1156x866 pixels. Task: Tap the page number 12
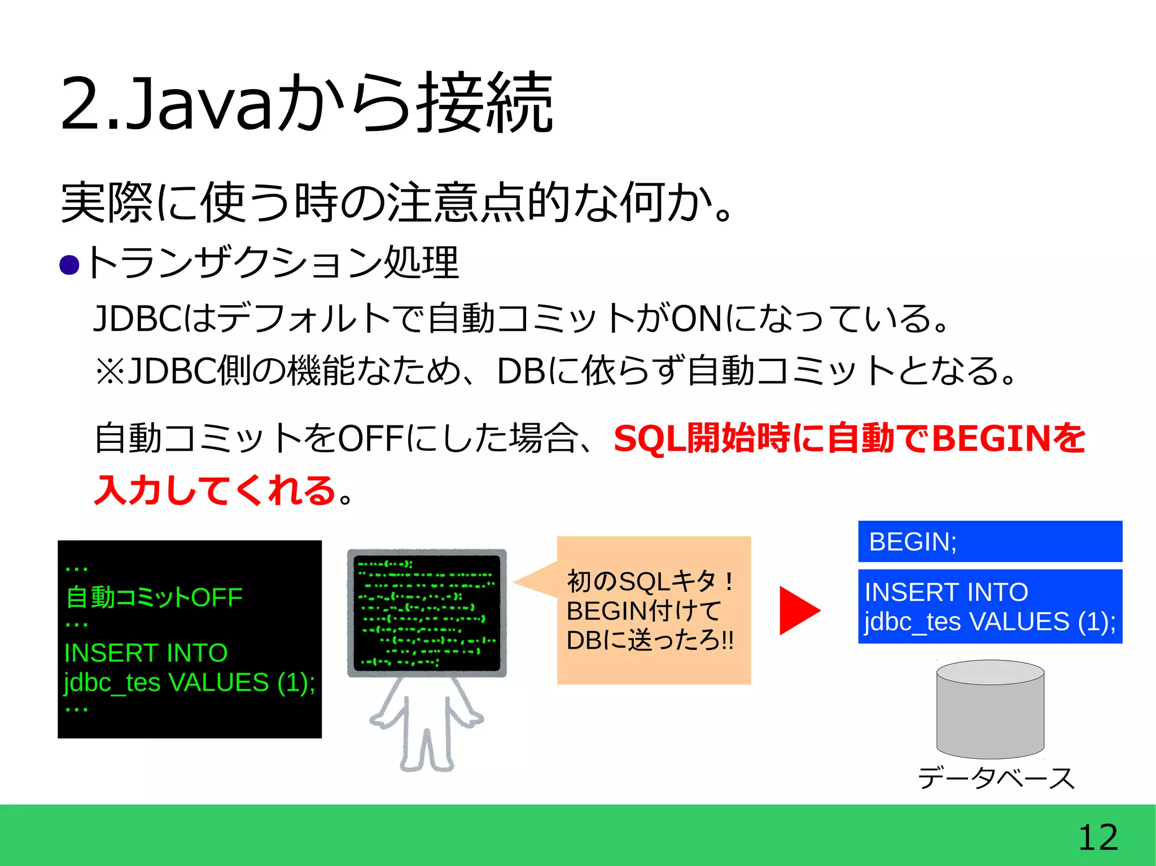point(1097,837)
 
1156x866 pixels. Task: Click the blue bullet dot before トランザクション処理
point(69,265)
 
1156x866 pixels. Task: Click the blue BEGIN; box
point(989,542)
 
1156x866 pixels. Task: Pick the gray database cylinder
point(990,709)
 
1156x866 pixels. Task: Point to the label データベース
point(996,779)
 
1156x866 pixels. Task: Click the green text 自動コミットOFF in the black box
point(154,597)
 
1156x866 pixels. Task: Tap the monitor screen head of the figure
point(427,613)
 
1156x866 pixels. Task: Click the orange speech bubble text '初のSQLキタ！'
point(650,582)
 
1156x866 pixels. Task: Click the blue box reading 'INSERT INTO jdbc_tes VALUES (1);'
point(989,606)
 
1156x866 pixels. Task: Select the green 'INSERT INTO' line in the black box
point(146,653)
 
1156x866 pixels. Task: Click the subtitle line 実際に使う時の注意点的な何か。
point(395,202)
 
